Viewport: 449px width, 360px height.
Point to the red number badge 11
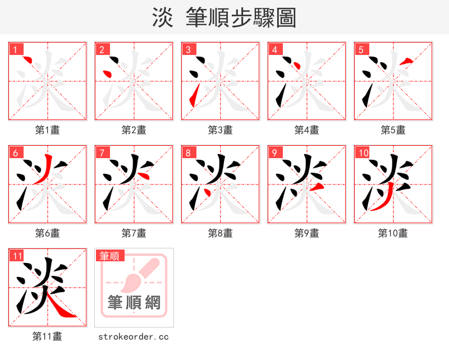pos(17,256)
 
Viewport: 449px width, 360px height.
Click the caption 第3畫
pos(220,130)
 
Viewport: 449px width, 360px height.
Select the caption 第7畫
pos(134,233)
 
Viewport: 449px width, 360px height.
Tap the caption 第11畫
pos(47,336)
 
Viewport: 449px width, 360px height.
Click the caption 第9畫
pos(306,233)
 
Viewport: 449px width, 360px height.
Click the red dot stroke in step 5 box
pos(408,61)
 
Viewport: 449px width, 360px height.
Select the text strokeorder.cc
pos(134,336)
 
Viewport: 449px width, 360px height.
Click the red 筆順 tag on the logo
pos(109,256)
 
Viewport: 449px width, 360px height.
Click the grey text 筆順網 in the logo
pos(134,303)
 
